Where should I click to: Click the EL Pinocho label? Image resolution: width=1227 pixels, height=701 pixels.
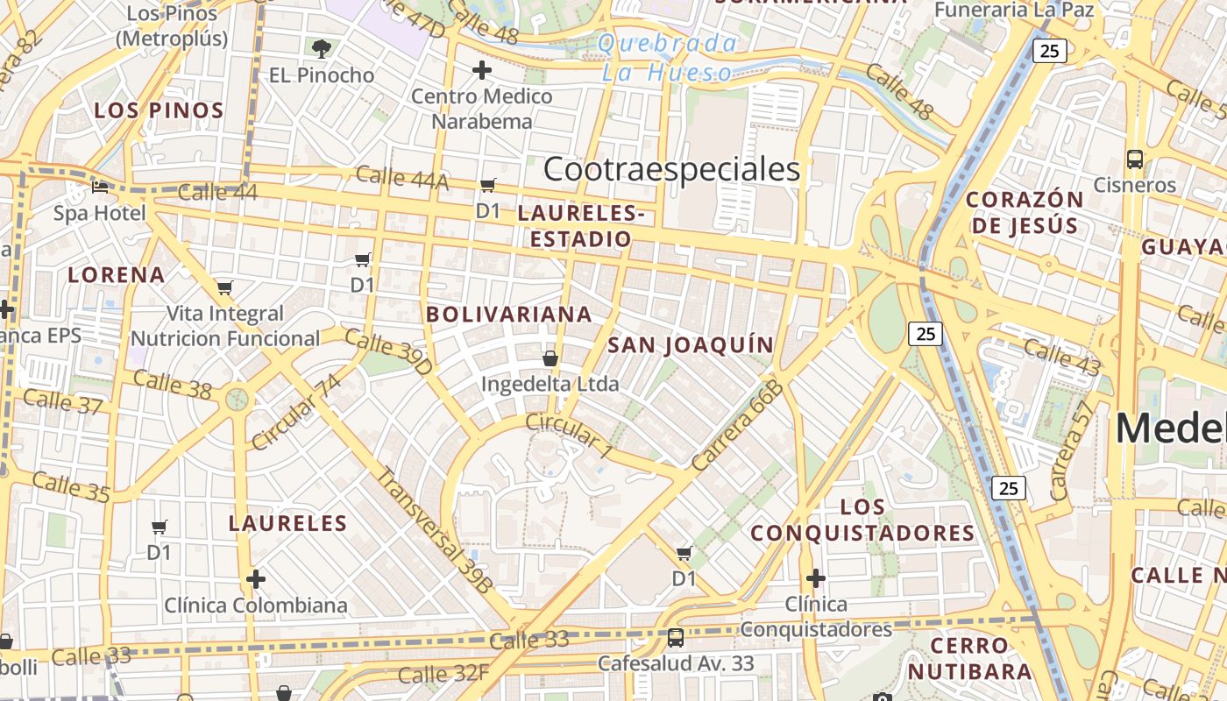[322, 75]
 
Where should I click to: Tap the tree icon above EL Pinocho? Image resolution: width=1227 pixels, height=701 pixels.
[322, 48]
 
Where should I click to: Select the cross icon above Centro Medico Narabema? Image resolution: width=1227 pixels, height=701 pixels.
[481, 70]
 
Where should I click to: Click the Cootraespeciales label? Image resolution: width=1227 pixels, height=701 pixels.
[671, 169]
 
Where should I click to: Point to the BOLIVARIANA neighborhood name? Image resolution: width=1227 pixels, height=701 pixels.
[508, 314]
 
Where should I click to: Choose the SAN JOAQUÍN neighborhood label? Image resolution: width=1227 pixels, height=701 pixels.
[691, 345]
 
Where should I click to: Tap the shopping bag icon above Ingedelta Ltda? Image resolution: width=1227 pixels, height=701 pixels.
[550, 358]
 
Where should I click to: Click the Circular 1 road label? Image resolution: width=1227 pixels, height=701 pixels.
[569, 435]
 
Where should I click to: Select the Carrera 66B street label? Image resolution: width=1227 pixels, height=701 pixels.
[736, 425]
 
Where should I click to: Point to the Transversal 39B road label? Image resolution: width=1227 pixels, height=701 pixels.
[435, 531]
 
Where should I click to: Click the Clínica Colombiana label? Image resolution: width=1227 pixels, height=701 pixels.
[256, 605]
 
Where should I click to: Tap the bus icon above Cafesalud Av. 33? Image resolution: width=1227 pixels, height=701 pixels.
[675, 637]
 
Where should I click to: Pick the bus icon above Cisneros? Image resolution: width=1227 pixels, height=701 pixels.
[1134, 159]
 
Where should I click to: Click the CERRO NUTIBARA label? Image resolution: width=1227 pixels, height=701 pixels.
[969, 659]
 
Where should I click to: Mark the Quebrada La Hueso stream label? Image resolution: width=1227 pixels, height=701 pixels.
[667, 58]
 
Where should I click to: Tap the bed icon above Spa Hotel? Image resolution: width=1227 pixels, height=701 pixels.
[100, 187]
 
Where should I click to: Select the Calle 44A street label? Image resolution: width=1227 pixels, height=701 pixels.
[401, 178]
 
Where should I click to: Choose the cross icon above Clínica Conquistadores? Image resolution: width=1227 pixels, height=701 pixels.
[815, 578]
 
